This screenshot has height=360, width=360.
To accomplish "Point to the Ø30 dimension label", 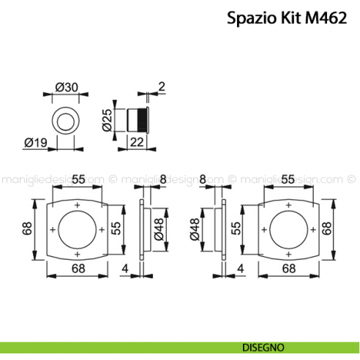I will [67, 87].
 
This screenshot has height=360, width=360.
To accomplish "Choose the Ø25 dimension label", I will [107, 119].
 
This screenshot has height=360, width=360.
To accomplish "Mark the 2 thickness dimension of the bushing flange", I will [160, 87].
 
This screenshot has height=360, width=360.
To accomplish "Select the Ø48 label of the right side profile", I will [195, 229].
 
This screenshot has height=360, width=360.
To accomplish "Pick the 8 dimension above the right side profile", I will [202, 179].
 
